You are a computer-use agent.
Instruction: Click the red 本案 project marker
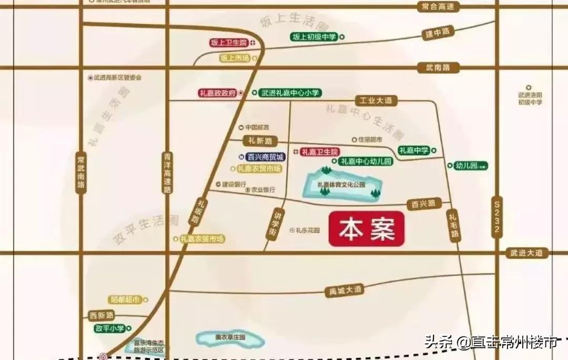coord(367,229)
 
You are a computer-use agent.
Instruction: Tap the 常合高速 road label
coord(438,7)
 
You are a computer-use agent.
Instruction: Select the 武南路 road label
coord(438,67)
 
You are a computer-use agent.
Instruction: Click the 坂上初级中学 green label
coord(314,37)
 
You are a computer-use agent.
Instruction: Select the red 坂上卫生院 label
coord(228,43)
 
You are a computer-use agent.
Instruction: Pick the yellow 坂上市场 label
coord(235,58)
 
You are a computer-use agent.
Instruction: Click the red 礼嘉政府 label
coord(217,93)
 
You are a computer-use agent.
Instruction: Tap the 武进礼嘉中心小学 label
coord(289,93)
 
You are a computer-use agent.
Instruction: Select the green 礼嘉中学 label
coord(414,151)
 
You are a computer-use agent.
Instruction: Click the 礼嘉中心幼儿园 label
coord(365,162)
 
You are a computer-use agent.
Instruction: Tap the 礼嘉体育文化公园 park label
coord(341,185)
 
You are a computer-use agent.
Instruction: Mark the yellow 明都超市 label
coord(125,299)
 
